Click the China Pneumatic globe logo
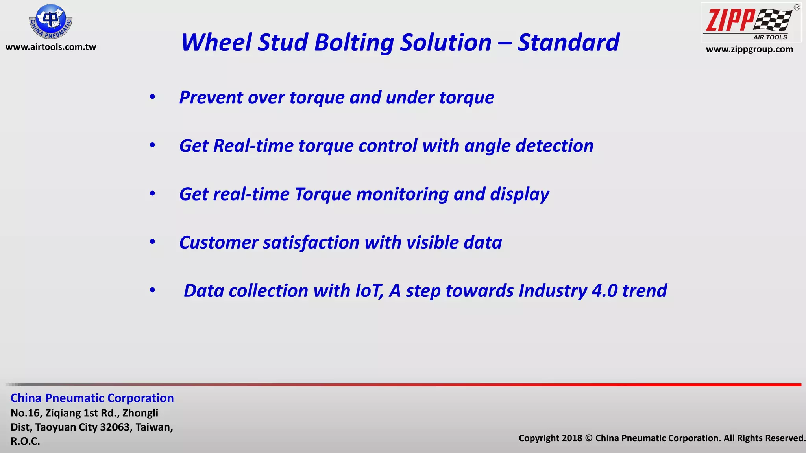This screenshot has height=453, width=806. [51, 21]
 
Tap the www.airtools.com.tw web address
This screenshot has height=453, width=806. [51, 47]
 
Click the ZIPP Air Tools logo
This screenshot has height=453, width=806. [751, 22]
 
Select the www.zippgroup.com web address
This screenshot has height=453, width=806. [749, 50]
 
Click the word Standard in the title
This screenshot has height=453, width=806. [568, 42]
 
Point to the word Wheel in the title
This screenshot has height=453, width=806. [216, 42]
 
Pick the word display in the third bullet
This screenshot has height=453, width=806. [519, 195]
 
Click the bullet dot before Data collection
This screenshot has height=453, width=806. [152, 291]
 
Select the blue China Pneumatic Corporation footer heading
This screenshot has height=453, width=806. [92, 398]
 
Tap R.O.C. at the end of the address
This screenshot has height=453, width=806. [25, 441]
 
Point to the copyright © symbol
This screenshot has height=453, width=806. [589, 438]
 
